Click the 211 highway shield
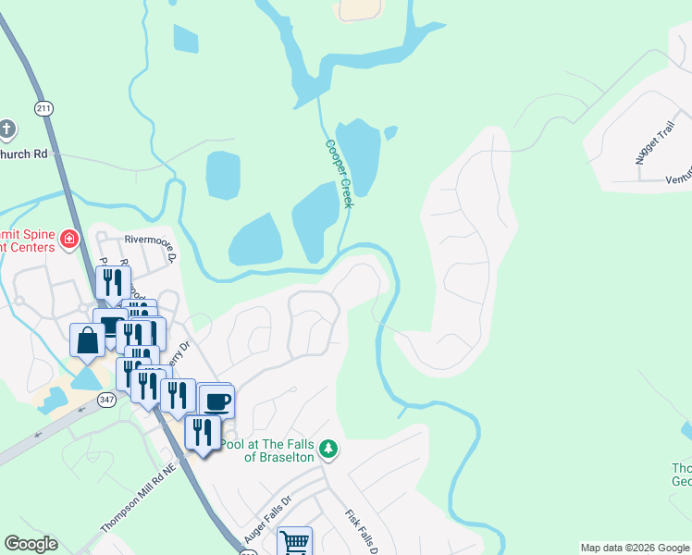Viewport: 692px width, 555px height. pos(43,108)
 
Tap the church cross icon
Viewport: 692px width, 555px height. pos(7,129)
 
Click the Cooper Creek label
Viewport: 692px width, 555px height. pos(339,173)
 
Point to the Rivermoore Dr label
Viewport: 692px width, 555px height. pos(150,238)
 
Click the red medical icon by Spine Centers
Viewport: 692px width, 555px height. pos(68,240)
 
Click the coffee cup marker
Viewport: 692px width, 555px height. pos(216,402)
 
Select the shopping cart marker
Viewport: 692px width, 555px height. pos(294,542)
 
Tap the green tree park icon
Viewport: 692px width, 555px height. pos(327,450)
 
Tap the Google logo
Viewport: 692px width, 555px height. pos(31,544)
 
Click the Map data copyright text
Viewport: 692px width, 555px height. pos(634,548)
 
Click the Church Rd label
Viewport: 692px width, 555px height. pos(23,154)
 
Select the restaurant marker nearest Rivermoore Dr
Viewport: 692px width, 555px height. pos(113,282)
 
